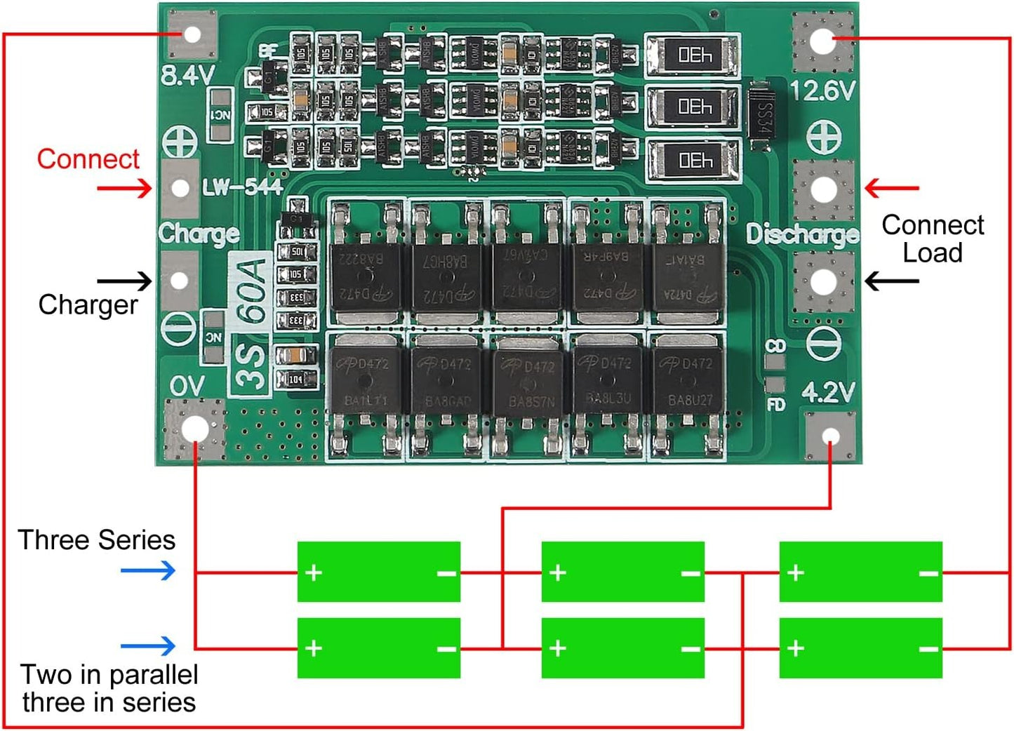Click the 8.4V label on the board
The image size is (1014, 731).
[187, 74]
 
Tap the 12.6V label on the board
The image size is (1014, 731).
[822, 90]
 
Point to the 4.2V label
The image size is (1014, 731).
[828, 393]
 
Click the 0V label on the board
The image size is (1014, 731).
[187, 386]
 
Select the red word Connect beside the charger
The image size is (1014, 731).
[88, 159]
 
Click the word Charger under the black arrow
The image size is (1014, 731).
[88, 305]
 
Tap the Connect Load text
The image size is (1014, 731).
[932, 239]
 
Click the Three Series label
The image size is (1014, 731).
[97, 540]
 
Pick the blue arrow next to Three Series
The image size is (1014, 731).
[148, 570]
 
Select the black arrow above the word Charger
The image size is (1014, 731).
[124, 281]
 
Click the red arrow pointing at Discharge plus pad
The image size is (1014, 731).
[891, 188]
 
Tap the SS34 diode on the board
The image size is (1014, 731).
[763, 116]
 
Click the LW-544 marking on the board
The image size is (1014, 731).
[242, 187]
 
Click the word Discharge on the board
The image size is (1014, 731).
[802, 234]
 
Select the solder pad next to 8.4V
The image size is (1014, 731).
[190, 34]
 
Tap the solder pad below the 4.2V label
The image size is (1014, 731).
[830, 437]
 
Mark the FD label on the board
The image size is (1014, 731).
[775, 404]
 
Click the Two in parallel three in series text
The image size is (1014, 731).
[109, 688]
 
